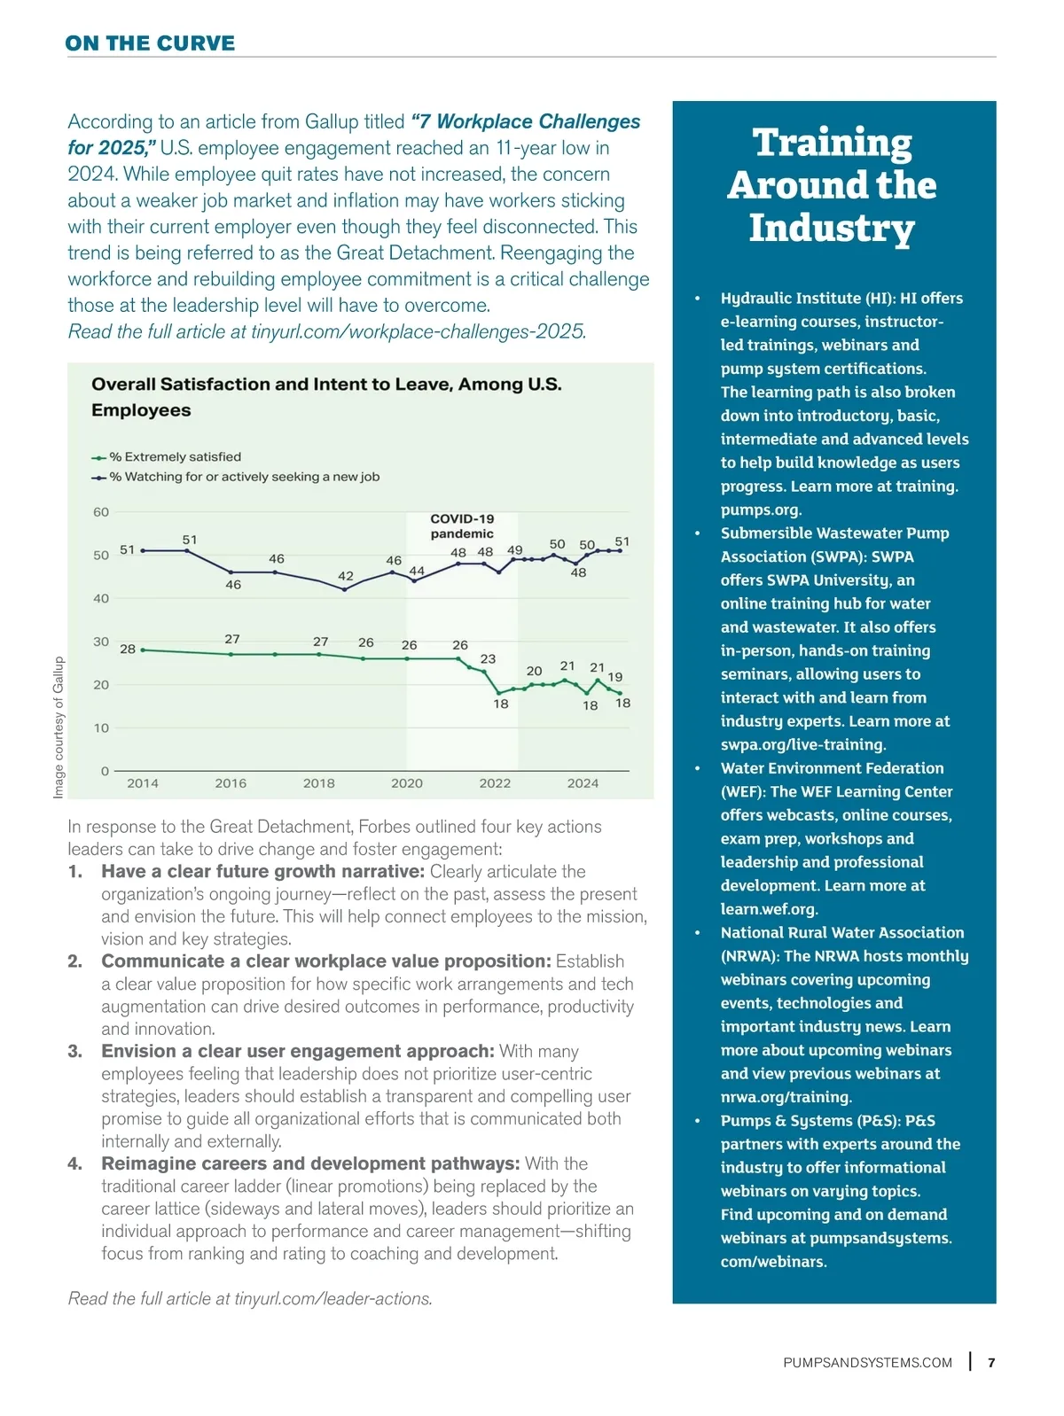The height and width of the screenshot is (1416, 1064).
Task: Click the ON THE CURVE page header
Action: coord(150,43)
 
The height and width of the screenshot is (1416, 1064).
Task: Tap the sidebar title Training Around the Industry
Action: coord(832,184)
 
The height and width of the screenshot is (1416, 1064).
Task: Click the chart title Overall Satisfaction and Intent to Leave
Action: coord(326,396)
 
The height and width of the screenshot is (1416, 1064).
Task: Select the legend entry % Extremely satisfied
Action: coord(175,457)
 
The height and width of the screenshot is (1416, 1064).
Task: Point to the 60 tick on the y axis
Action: coord(101,512)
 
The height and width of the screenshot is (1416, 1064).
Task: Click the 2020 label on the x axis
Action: coord(407,783)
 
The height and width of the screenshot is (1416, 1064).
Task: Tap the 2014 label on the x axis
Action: coord(143,783)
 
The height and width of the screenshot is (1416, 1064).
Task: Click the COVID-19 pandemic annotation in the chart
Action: coord(462,526)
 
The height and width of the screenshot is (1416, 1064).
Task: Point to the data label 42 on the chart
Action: coord(346,576)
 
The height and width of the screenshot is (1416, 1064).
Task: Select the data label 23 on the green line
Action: coord(488,659)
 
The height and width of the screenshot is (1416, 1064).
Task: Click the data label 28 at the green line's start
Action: coord(128,649)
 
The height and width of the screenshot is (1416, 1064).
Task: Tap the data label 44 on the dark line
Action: coord(417,571)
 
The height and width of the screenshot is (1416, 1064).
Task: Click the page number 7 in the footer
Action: coord(991,1363)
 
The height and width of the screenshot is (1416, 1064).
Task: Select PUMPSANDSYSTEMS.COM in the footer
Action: coord(867,1363)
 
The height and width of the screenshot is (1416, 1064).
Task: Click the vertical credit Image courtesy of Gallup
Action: coord(59,727)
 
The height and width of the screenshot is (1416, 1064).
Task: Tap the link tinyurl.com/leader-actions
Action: coord(332,1299)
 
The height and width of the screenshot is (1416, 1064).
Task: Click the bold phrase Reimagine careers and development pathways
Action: coord(310,1163)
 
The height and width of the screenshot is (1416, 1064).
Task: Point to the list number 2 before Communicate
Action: coord(75,961)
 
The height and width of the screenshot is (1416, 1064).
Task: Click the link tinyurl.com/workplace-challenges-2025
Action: coord(418,331)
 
